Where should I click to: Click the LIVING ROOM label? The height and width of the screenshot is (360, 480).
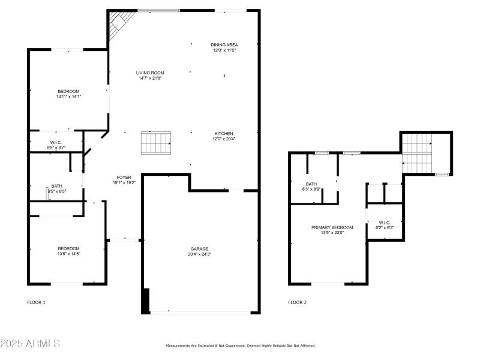click(x=149, y=73)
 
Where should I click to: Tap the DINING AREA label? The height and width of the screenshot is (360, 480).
click(x=225, y=45)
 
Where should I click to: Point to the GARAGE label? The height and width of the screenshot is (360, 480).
click(x=200, y=248)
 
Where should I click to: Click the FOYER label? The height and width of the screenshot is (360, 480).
click(x=124, y=177)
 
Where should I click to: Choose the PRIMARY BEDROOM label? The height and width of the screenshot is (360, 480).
click(x=332, y=227)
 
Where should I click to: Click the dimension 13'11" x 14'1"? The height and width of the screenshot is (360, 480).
click(x=68, y=97)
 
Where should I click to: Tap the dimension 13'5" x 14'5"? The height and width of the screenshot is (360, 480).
click(x=68, y=254)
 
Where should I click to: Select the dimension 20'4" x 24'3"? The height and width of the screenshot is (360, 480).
click(x=200, y=254)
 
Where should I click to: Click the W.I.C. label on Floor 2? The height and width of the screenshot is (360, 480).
click(x=385, y=223)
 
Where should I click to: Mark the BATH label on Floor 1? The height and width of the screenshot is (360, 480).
click(x=56, y=186)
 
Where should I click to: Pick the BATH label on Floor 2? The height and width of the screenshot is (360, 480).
click(x=311, y=184)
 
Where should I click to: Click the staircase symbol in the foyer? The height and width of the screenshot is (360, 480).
click(x=156, y=143)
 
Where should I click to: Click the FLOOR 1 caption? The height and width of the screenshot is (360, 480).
click(x=36, y=302)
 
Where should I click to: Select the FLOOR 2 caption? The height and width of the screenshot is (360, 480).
click(x=297, y=302)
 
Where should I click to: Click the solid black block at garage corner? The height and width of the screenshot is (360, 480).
click(x=145, y=301)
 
